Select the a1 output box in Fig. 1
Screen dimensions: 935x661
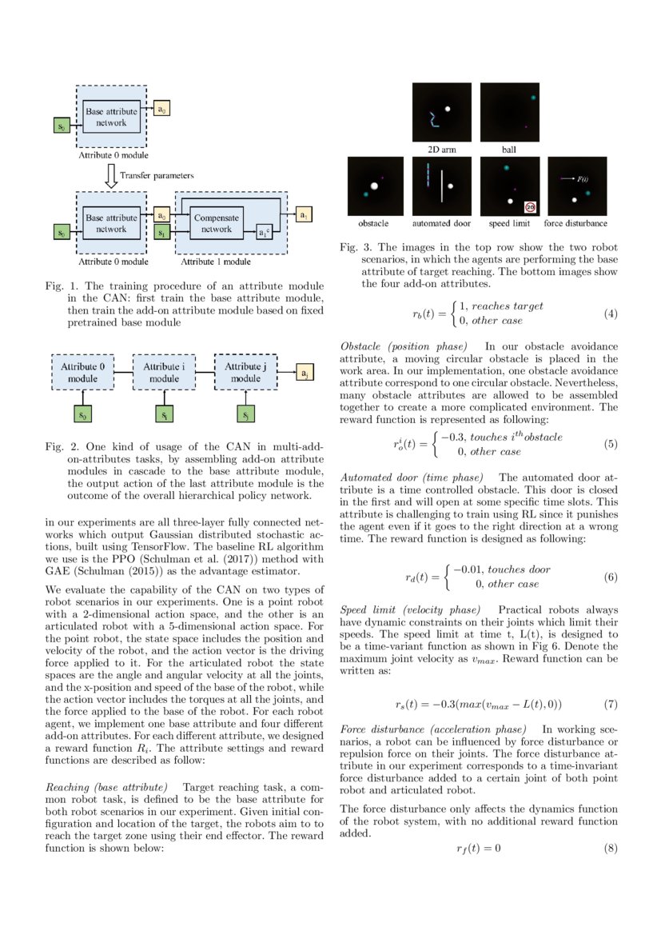coord(303,216)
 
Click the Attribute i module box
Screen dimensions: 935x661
coord(164,371)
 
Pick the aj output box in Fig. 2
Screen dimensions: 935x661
coord(303,373)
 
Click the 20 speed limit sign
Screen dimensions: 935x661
coord(531,206)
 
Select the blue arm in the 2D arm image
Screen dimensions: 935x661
coord(432,120)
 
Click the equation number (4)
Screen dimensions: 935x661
coord(611,314)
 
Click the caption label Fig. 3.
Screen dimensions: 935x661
coord(352,247)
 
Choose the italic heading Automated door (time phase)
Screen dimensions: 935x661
coord(411,477)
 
